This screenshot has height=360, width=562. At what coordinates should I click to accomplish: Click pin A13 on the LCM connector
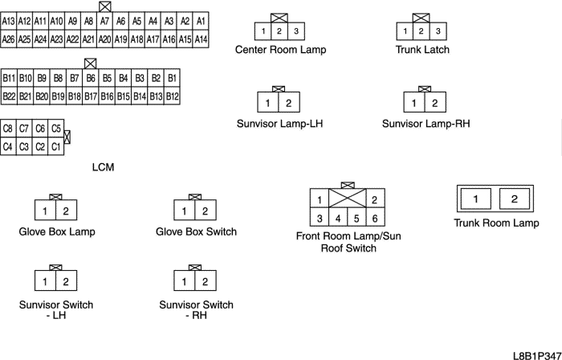pos(9,21)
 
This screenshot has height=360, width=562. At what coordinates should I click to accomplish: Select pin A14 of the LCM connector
pos(202,38)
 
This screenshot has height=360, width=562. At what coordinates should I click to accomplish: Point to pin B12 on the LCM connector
pos(172,96)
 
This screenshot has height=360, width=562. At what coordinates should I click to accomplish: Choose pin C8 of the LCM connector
pos(9,129)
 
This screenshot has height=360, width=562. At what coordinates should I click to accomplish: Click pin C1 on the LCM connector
pos(55,147)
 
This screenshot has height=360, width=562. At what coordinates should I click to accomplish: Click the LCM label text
pos(104,167)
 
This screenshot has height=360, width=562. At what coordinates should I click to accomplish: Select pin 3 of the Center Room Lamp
pos(296,31)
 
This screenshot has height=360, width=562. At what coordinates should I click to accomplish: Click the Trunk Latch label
pos(422,50)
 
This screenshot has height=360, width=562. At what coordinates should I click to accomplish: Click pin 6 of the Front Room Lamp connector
pos(374,219)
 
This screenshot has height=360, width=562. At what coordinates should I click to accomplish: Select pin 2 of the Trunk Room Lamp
pos(515,199)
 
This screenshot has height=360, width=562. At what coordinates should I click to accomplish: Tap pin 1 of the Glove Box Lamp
pos(46,212)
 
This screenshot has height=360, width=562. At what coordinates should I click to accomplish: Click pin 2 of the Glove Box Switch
pos(205,212)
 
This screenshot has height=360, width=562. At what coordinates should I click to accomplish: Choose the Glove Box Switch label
pos(196,232)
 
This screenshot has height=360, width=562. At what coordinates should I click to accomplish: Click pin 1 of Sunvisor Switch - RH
pos(185,282)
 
